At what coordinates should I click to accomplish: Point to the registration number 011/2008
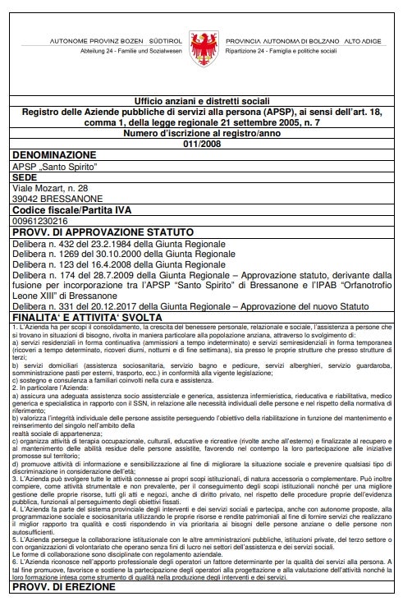(202, 143)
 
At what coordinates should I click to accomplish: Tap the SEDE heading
(25, 177)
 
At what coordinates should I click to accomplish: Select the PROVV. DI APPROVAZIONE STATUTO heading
(103, 232)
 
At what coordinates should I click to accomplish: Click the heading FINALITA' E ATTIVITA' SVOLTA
(98, 319)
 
